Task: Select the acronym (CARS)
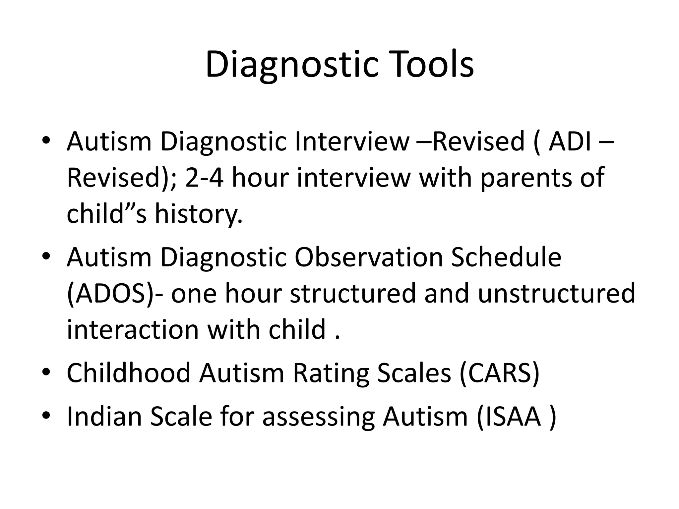click(x=500, y=373)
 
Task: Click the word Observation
click(x=368, y=257)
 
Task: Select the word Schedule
click(x=506, y=257)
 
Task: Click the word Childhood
click(x=129, y=373)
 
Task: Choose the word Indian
click(x=104, y=417)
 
